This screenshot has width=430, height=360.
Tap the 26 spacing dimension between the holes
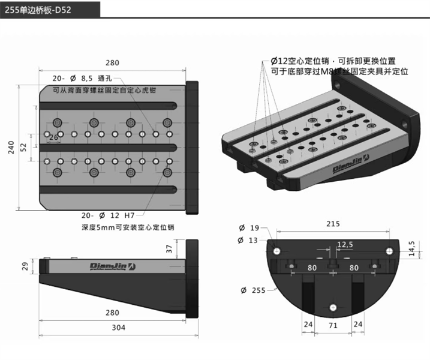[x=53, y=138]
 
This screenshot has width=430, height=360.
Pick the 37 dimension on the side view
[x=169, y=248]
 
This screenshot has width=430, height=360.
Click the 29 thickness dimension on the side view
[x=25, y=266]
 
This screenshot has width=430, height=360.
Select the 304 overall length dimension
[x=118, y=328]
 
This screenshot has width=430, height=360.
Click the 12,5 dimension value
[x=345, y=244]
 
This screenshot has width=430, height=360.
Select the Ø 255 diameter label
[x=252, y=290]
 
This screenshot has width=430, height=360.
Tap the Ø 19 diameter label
[x=249, y=228]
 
